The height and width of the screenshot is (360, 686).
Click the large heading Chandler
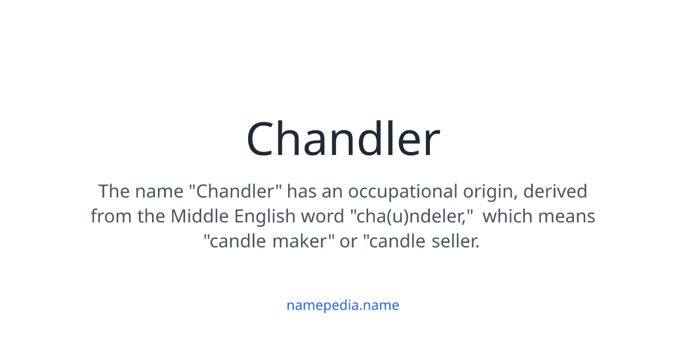click(x=343, y=139)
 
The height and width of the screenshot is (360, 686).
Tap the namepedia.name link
click(x=343, y=305)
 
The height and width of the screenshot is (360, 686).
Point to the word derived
click(x=556, y=191)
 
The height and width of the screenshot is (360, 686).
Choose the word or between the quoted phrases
click(x=348, y=242)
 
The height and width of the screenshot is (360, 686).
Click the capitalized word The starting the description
click(x=114, y=191)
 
